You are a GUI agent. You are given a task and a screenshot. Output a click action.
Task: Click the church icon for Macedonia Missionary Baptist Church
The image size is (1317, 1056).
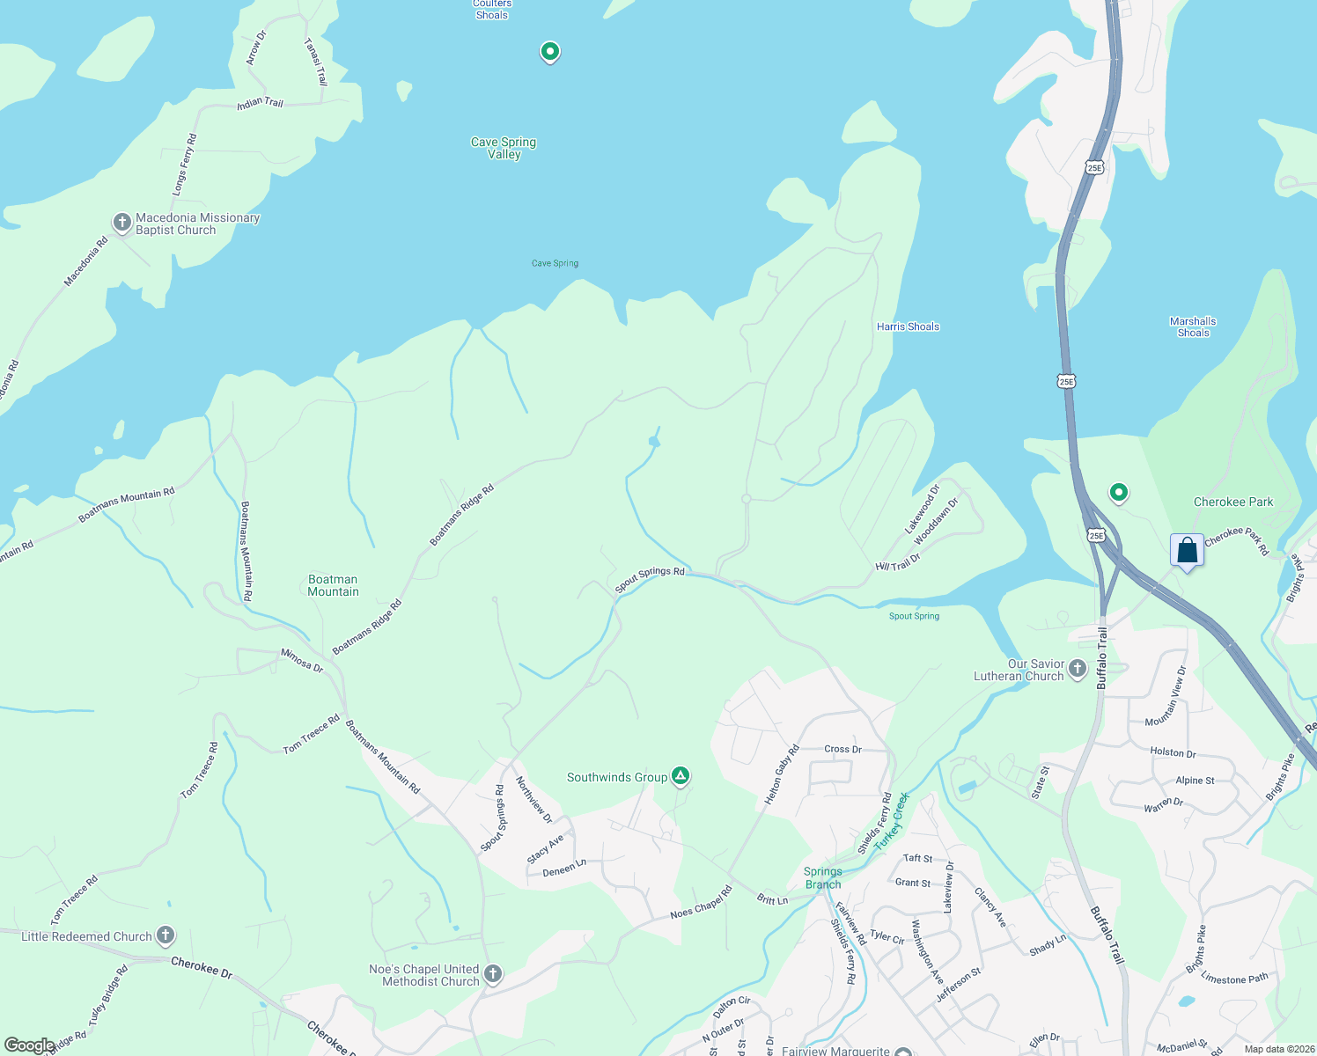(122, 223)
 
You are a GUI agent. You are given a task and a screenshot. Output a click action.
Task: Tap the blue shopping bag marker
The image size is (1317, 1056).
(1187, 551)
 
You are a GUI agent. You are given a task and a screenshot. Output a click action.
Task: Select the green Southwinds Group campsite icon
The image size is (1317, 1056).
(680, 776)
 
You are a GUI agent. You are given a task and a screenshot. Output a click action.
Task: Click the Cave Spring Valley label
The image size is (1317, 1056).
(504, 148)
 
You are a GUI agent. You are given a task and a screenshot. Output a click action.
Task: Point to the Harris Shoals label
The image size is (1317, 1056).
(908, 326)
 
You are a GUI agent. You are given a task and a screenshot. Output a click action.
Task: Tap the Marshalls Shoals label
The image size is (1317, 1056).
(1193, 327)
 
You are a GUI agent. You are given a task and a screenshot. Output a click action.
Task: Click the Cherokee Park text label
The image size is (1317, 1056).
(1232, 502)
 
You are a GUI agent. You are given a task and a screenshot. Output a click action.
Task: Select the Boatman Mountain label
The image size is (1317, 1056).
(333, 585)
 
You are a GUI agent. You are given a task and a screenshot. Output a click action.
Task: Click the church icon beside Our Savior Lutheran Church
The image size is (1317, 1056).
(1078, 670)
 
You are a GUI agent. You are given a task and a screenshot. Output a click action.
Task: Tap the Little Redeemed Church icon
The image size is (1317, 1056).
(165, 935)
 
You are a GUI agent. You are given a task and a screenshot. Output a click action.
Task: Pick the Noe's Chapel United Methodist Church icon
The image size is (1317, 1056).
(493, 974)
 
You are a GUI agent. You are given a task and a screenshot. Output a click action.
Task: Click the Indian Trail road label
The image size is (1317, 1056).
(260, 103)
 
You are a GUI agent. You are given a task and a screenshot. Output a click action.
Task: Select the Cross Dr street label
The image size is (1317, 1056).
(842, 750)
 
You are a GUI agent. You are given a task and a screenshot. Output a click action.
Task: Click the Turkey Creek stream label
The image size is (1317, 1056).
(891, 820)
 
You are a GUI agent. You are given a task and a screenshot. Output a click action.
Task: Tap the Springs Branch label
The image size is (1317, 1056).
(823, 878)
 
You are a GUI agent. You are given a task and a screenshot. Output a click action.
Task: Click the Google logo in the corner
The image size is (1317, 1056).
(28, 1045)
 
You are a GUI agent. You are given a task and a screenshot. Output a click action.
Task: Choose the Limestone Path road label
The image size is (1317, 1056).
(1234, 979)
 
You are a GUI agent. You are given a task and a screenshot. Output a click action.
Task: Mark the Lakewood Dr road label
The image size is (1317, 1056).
(923, 509)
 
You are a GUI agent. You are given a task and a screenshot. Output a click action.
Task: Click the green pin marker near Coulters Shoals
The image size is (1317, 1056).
(550, 53)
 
